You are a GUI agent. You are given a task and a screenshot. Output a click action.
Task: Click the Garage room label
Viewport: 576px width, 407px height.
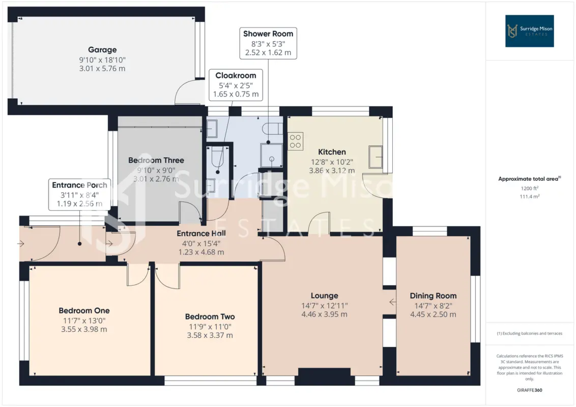[x=102, y=49]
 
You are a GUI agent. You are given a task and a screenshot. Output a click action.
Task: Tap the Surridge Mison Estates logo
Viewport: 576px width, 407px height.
[x=529, y=31]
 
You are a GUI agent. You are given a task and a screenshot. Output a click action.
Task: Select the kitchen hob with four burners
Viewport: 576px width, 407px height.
[x=295, y=141]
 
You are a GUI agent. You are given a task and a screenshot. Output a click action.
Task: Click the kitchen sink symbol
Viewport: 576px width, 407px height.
[x=376, y=157]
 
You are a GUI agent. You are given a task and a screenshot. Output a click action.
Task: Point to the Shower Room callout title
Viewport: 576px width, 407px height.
[x=268, y=34]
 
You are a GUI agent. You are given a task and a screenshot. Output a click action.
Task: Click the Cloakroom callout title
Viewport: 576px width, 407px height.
[x=236, y=75]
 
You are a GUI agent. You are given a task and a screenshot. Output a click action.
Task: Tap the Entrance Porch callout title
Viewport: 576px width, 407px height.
[x=79, y=185]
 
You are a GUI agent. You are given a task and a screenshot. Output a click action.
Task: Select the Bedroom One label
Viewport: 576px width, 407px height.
[x=84, y=310]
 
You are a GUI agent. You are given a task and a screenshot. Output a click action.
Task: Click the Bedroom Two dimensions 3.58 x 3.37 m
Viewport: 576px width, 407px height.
[x=210, y=335]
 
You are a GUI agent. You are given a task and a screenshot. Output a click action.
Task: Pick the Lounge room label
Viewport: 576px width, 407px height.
[x=324, y=296]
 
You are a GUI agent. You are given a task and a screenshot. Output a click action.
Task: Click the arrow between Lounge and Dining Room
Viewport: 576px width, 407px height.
[x=393, y=302]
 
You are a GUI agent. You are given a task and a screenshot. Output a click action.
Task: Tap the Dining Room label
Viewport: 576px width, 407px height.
[x=433, y=296]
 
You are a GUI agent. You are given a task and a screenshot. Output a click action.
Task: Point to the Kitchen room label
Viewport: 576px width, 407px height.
[x=332, y=152]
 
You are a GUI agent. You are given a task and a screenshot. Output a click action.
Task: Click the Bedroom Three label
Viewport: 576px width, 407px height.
[x=156, y=160]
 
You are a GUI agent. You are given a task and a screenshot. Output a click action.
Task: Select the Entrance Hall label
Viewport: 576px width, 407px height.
[x=201, y=233]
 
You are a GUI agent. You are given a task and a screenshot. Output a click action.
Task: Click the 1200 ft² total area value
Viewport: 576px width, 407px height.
[x=529, y=188]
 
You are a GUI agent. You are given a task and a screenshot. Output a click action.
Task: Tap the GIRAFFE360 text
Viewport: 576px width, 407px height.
[x=529, y=390]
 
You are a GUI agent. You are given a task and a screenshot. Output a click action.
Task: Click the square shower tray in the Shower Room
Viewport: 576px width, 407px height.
[x=272, y=155]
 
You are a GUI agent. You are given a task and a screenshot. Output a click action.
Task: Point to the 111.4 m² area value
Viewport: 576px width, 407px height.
[x=529, y=196]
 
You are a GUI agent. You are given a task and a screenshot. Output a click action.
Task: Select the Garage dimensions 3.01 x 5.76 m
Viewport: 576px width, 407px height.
[x=102, y=68]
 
